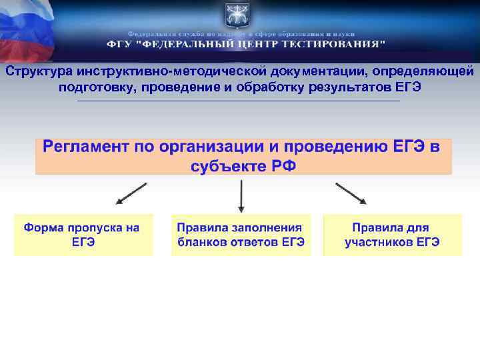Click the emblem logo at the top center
(x=239, y=14)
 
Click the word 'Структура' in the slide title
(x=39, y=71)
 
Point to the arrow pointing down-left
(x=131, y=192)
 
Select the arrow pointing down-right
(x=351, y=192)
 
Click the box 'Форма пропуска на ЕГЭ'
(x=83, y=235)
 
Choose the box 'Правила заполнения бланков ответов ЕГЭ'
(x=241, y=235)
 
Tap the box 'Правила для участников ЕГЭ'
(x=392, y=235)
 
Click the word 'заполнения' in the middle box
(x=269, y=228)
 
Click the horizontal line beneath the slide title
(x=239, y=101)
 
